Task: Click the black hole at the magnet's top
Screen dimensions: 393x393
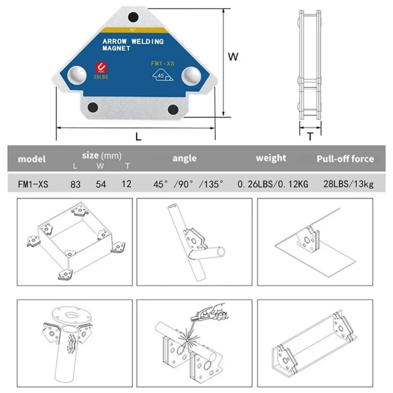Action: point(134,17)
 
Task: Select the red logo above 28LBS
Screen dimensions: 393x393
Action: point(101,68)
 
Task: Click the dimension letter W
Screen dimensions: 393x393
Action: point(233,57)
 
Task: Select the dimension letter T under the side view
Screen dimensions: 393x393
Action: point(310,136)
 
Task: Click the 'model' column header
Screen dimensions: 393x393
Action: point(31,159)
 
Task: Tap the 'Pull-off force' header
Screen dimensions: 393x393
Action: point(345,159)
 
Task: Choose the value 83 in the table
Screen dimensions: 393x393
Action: point(75,184)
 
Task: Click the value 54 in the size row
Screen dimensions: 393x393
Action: point(101,184)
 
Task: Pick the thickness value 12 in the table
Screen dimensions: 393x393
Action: point(127,184)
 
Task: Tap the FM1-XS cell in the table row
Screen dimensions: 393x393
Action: point(33,184)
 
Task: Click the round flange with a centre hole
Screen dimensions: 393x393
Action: point(72,315)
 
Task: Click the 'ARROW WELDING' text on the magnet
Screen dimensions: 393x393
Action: point(133,42)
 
